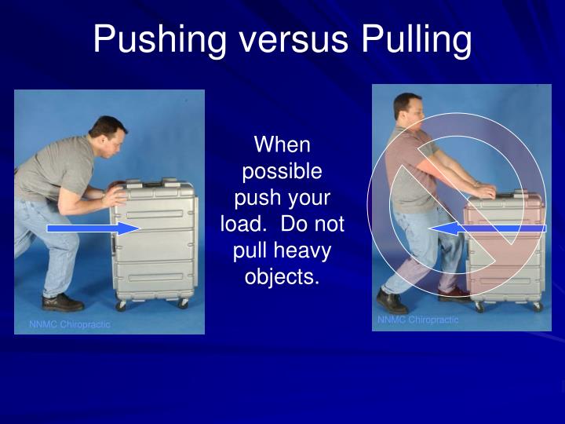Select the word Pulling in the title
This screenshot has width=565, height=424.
[416, 39]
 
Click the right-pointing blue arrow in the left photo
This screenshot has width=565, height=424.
[93, 228]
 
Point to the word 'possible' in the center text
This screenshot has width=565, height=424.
[282, 170]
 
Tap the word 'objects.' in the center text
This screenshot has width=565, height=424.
[282, 278]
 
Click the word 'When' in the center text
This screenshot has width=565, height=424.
[282, 144]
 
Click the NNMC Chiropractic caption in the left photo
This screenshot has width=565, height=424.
[71, 324]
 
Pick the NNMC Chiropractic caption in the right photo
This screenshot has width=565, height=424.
[417, 320]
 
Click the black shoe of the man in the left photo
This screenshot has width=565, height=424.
[62, 302]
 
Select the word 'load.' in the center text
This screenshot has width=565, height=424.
[245, 225]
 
